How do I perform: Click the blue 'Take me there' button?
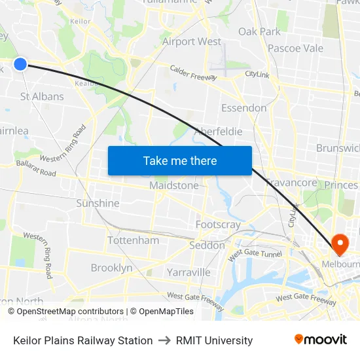pos(180,160)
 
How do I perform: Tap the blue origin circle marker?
pos(20,63)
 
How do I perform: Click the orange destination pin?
pos(340,245)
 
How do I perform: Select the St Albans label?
pos(42,96)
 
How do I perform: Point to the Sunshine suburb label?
pos(98,203)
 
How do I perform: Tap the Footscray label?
pos(218,225)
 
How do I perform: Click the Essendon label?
pos(243,107)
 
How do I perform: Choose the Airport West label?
pos(192,41)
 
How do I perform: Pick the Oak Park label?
pos(259,31)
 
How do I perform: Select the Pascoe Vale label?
pos(295,48)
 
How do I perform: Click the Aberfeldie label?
pos(218,132)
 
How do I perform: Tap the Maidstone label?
pos(173,185)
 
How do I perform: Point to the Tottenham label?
pos(133,240)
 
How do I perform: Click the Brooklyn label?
pos(111,268)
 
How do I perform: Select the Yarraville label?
pos(189,272)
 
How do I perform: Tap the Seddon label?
pos(206,245)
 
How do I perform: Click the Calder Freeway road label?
pos(194,73)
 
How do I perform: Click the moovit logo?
pos(320,340)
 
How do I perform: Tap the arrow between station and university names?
pos(164,340)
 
